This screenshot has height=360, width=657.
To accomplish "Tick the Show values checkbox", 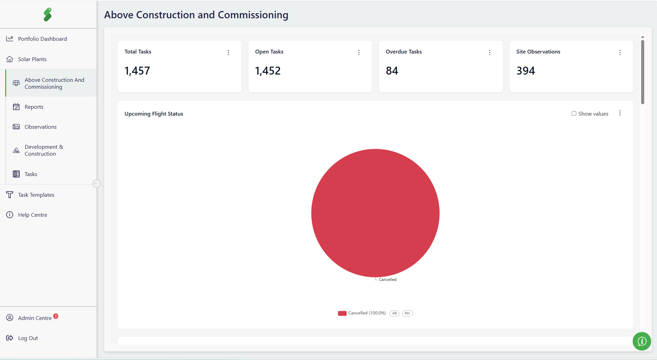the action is click(x=574, y=114).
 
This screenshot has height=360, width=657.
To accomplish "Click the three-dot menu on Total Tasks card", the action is click(x=228, y=52).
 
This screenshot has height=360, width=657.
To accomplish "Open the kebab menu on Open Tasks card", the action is click(x=359, y=52).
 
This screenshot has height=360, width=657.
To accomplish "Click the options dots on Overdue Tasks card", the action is click(x=490, y=52).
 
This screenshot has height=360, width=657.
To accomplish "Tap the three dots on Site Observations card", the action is click(x=620, y=52).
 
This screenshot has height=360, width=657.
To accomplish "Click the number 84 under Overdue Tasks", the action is click(x=392, y=71).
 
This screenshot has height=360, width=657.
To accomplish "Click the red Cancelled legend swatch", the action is click(x=342, y=313).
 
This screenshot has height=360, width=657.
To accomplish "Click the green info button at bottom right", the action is click(x=642, y=341).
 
